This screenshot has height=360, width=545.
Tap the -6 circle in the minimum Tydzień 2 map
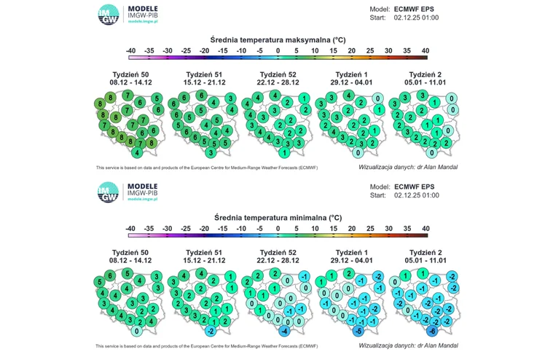(433, 331)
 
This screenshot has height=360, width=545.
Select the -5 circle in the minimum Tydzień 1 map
(358, 331)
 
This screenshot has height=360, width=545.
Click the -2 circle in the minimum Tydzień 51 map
(210, 332)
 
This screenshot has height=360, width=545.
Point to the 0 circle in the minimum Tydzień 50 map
(136, 332)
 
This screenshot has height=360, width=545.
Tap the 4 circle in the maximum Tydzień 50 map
(136, 153)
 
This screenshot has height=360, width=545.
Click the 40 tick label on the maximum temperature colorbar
(425, 50)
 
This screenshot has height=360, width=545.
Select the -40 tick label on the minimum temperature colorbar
(130, 229)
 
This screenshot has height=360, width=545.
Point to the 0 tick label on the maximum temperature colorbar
(278, 50)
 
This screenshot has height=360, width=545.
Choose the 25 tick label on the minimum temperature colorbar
(369, 229)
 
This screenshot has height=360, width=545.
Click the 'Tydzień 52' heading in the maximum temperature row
(279, 74)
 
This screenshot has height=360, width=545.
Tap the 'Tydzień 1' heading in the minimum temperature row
(352, 252)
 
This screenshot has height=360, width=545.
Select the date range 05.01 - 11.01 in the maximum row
(426, 82)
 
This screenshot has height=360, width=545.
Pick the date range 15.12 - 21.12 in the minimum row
(204, 260)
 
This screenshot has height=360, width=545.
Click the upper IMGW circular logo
(109, 15)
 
